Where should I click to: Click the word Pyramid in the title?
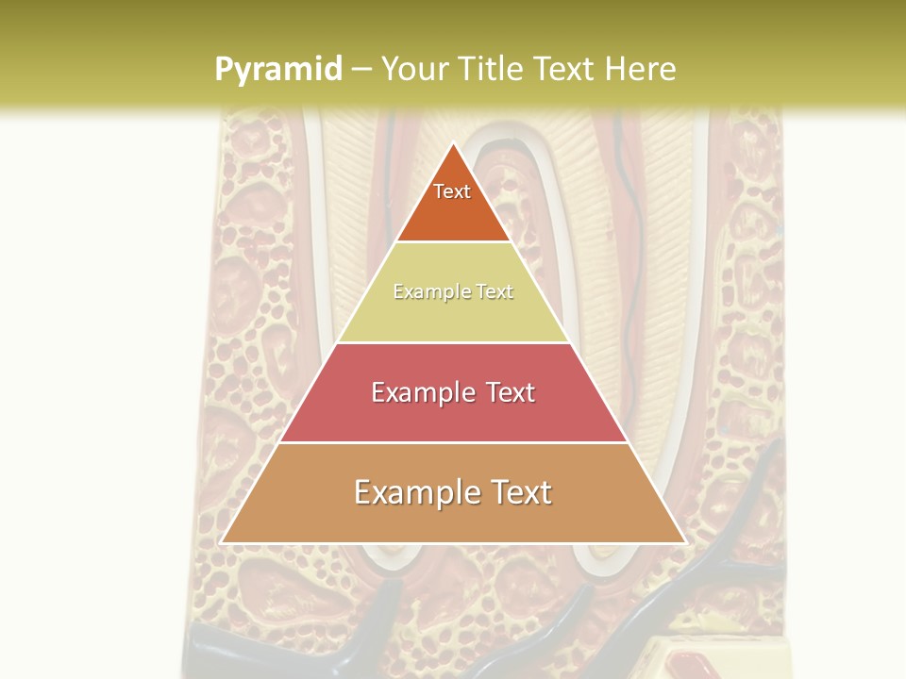[278, 70]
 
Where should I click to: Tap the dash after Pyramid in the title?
[361, 70]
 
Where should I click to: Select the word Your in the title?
[413, 69]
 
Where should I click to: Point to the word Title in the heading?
[492, 69]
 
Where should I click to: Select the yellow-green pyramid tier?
[453, 316]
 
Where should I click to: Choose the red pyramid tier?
[453, 415]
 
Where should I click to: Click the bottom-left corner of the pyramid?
[221, 543]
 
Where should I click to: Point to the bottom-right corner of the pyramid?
[685, 543]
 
